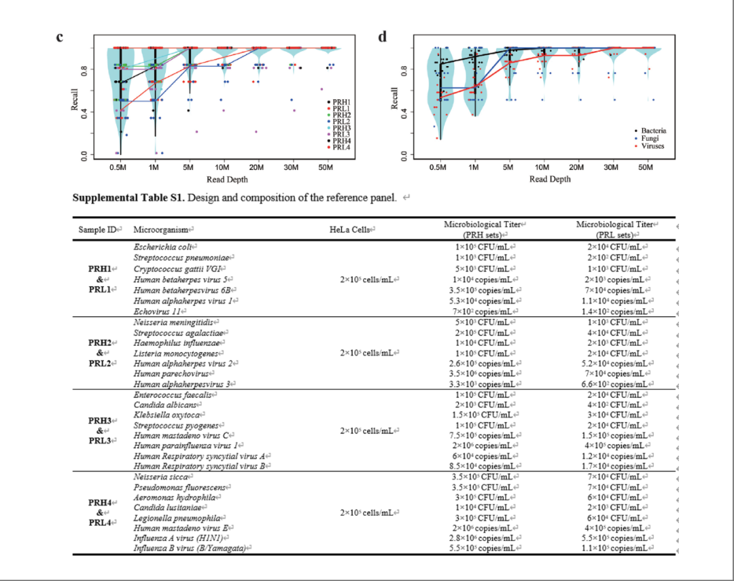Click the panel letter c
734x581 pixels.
[60, 37]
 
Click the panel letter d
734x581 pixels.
[382, 37]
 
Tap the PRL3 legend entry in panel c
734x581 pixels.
[341, 134]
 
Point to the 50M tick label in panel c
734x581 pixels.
[328, 167]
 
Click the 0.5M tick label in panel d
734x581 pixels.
[440, 167]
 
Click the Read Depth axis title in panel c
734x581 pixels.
[228, 180]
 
